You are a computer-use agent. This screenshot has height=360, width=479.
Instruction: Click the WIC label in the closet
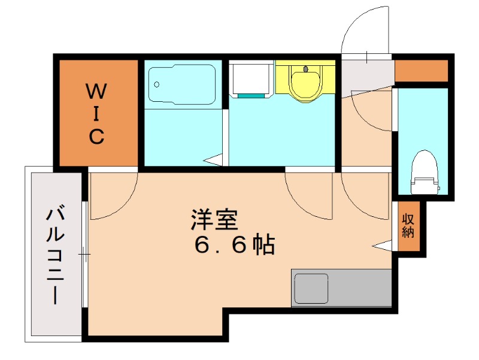[x=96, y=114]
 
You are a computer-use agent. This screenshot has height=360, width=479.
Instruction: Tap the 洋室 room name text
[x=214, y=220]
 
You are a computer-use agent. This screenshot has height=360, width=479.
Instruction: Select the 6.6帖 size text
[x=235, y=244]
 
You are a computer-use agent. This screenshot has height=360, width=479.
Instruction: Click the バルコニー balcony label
[x=55, y=256]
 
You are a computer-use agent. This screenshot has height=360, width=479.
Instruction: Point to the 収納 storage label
[x=408, y=226]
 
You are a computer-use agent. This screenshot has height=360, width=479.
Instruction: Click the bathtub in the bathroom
[x=182, y=84]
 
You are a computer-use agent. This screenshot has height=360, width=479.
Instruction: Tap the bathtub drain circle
[x=157, y=84]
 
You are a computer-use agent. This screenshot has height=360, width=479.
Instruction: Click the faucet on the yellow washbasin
[x=306, y=69]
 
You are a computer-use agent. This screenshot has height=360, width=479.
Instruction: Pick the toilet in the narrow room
[x=425, y=172]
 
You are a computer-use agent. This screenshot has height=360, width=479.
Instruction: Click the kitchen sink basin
[x=311, y=289]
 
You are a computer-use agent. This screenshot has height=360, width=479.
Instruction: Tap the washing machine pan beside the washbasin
[x=251, y=80]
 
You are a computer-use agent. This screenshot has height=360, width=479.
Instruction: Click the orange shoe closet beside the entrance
[x=422, y=71]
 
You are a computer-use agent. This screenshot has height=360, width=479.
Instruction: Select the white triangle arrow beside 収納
[x=382, y=246]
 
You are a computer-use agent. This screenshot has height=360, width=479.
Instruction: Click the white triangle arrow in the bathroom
[x=213, y=160]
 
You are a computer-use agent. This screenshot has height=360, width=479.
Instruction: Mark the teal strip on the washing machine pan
[x=251, y=96]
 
